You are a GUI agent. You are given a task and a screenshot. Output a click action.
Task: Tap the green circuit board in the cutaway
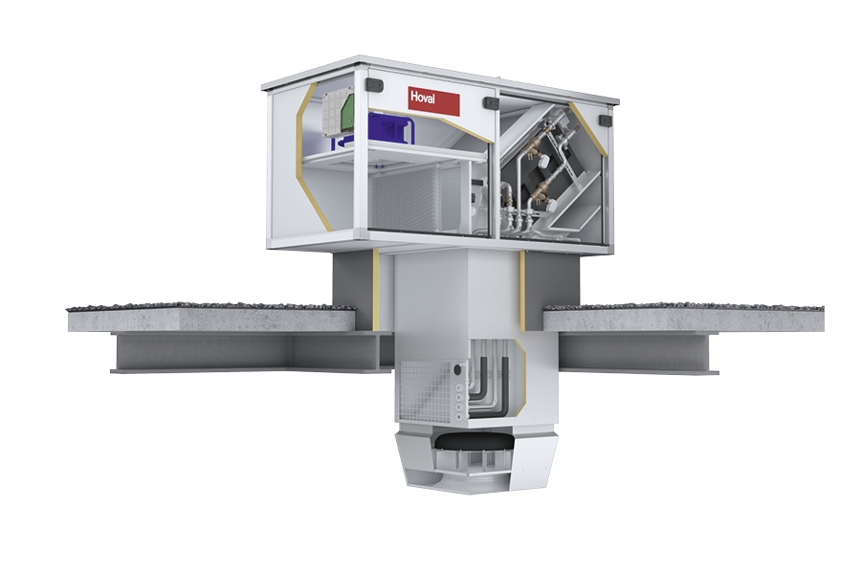click(346, 112)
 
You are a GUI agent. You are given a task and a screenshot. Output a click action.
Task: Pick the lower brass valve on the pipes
click(536, 194)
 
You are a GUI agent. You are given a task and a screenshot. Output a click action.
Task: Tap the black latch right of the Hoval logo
click(490, 102)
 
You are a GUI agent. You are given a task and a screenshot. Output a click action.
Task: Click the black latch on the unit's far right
click(605, 120)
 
